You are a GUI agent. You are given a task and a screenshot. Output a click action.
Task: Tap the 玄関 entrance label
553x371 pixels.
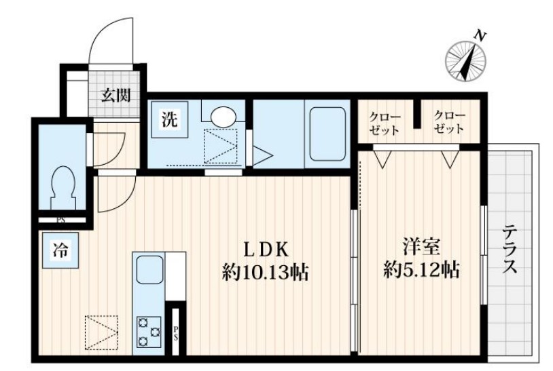[116, 95]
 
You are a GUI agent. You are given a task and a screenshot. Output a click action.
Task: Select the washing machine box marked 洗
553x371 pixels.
[169, 121]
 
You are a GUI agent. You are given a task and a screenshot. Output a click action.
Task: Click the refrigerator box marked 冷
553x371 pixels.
[59, 249]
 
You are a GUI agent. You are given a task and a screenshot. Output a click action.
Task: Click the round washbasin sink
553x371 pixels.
[222, 116]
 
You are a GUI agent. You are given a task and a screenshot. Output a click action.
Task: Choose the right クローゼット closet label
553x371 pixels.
[449, 121]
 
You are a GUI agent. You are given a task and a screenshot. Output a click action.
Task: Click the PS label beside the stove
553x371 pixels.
[175, 333]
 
